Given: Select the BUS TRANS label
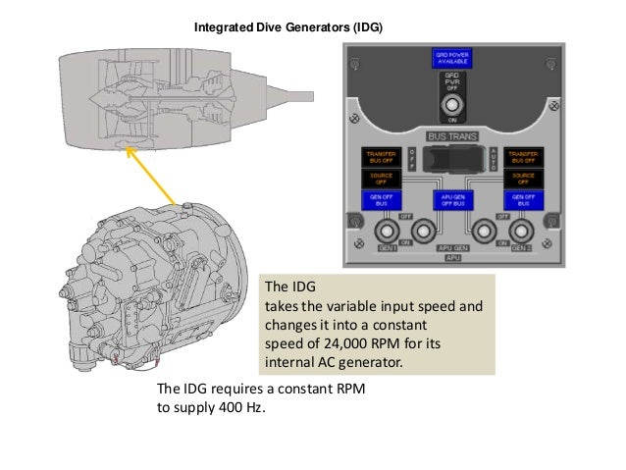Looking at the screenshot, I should click(451, 137).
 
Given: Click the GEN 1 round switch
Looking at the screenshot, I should click(387, 232).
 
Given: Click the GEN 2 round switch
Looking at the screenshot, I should click(517, 232).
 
